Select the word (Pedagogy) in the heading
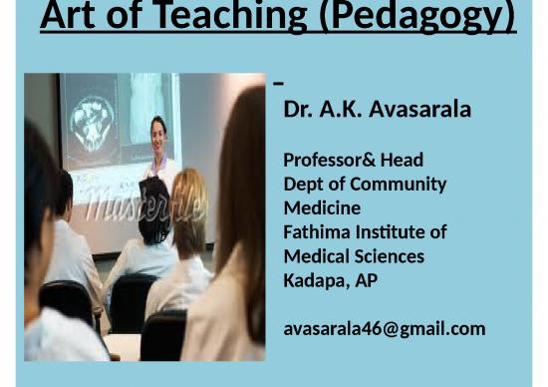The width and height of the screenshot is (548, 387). tap(423, 16)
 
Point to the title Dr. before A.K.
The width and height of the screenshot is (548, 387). tap(298, 109)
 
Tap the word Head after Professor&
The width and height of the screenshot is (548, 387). tap(402, 160)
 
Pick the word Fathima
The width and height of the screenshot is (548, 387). tap(318, 232)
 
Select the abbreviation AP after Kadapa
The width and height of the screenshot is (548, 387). tap(366, 280)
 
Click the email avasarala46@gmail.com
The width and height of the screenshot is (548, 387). tap(384, 328)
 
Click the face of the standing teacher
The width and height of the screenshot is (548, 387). tap(157, 130)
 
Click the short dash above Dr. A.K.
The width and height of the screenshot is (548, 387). tap(278, 83)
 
